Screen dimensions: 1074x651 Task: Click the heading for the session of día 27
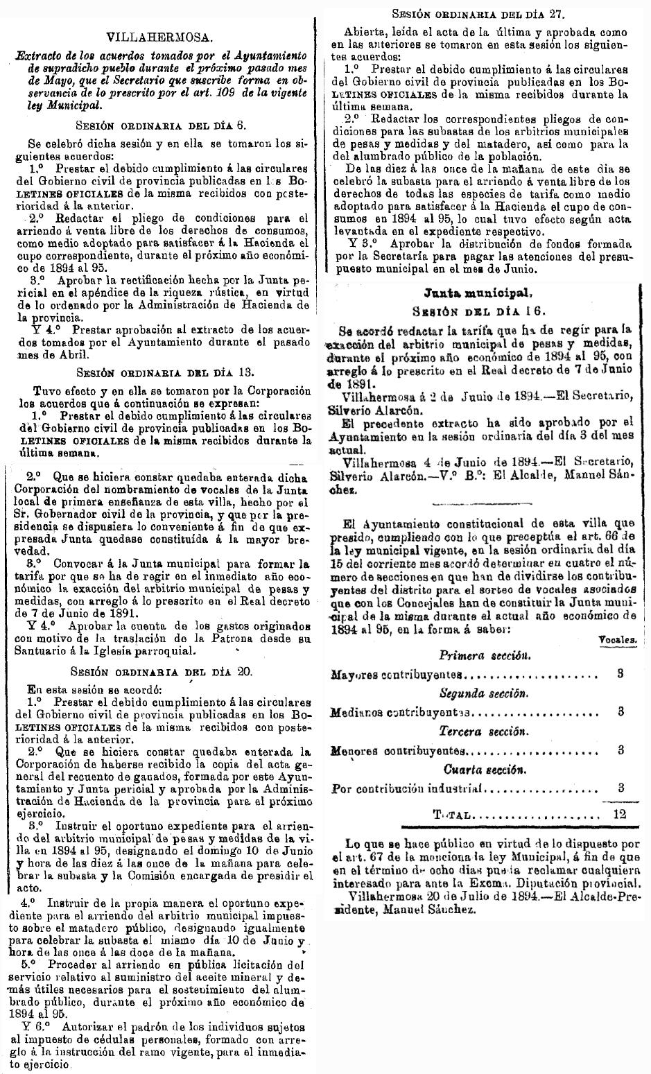[x=479, y=13]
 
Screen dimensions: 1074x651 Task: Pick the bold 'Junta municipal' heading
[x=478, y=293]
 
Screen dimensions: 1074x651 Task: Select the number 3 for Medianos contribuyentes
[x=620, y=711]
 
